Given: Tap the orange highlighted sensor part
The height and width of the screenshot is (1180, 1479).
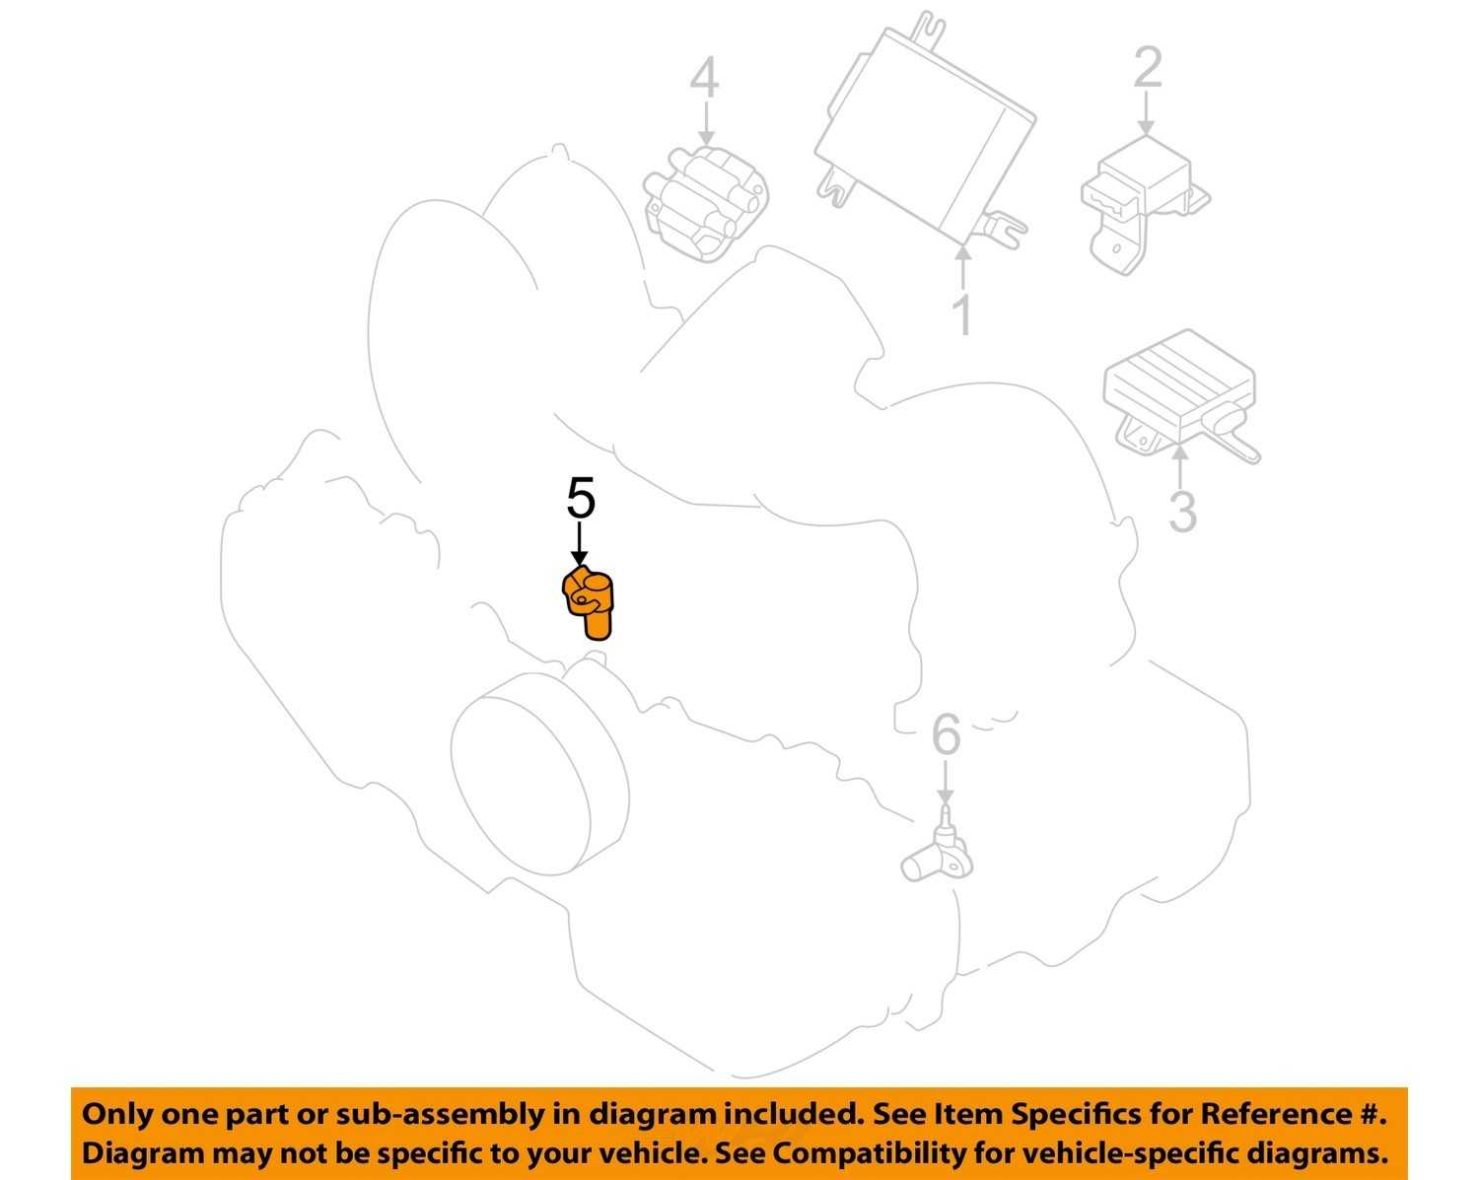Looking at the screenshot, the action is (x=589, y=602).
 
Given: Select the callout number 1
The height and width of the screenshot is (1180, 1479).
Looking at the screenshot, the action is (x=963, y=314).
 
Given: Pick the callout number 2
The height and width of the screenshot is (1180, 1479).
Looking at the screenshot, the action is (x=1147, y=67).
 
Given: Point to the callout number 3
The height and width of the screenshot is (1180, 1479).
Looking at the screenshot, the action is (x=1182, y=511).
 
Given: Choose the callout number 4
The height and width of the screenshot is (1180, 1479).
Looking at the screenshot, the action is (x=704, y=78).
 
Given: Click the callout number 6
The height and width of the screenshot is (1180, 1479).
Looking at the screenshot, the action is (x=947, y=733).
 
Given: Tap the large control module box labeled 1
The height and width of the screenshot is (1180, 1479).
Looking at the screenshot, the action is (x=925, y=130).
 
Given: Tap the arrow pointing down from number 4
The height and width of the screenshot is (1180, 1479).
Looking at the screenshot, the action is (x=705, y=122).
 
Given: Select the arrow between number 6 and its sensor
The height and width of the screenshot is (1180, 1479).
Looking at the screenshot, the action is (x=947, y=781).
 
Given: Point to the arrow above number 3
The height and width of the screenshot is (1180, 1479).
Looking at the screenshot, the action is (x=1180, y=466).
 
